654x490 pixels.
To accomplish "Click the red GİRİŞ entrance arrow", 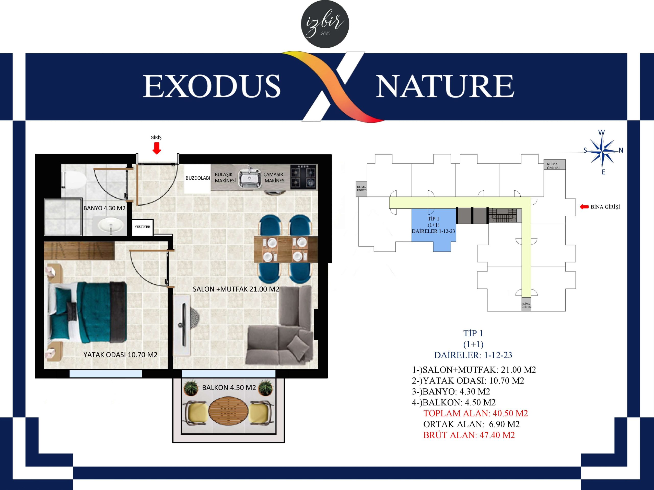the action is coord(156,148).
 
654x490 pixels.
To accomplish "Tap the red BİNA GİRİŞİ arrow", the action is coord(584,207).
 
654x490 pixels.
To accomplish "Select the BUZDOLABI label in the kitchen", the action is coord(198,178).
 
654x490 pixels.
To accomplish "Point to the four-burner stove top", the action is coord(303,177).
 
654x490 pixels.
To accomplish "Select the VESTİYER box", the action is coord(142,227).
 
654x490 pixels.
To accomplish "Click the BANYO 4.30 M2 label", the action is coord(104,208).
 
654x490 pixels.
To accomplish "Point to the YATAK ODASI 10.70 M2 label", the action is coord(120,355).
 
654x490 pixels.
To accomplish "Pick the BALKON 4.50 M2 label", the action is coord(229,387).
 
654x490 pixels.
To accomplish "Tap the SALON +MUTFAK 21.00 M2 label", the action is coord(236,289).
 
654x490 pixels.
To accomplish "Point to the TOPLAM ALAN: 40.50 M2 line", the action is coord(475,413).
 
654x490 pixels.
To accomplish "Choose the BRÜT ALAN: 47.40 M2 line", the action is coord(469,435).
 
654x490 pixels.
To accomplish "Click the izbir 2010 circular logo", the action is coord(325,24).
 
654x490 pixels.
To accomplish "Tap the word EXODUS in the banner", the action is coord(212,86).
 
